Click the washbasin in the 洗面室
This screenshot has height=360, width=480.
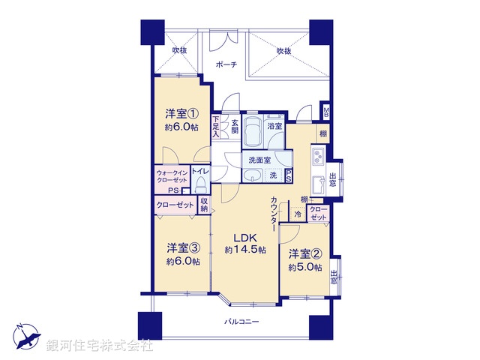252,176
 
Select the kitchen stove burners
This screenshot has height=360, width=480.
317,157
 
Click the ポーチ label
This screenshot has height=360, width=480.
226,64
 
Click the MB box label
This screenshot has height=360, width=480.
326,112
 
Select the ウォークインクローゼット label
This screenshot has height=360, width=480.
172,178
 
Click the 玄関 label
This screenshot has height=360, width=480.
234,127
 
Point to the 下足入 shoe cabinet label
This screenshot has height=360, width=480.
216,126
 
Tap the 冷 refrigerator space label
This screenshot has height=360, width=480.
298,214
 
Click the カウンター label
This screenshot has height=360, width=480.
275,213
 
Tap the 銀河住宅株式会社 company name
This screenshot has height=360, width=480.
99,346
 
